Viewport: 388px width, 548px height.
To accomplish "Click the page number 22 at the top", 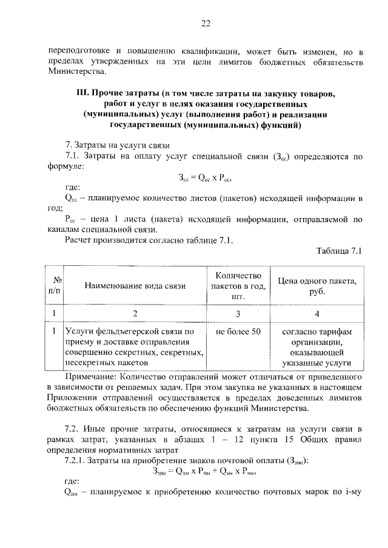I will (x=206, y=24).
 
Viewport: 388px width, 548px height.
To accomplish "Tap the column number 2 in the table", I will (x=135, y=314).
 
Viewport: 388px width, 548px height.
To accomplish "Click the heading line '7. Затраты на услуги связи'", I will (x=118, y=145).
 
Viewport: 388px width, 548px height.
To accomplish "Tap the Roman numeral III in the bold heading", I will (x=82, y=94).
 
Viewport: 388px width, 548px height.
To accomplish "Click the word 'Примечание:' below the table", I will (x=79, y=375).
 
